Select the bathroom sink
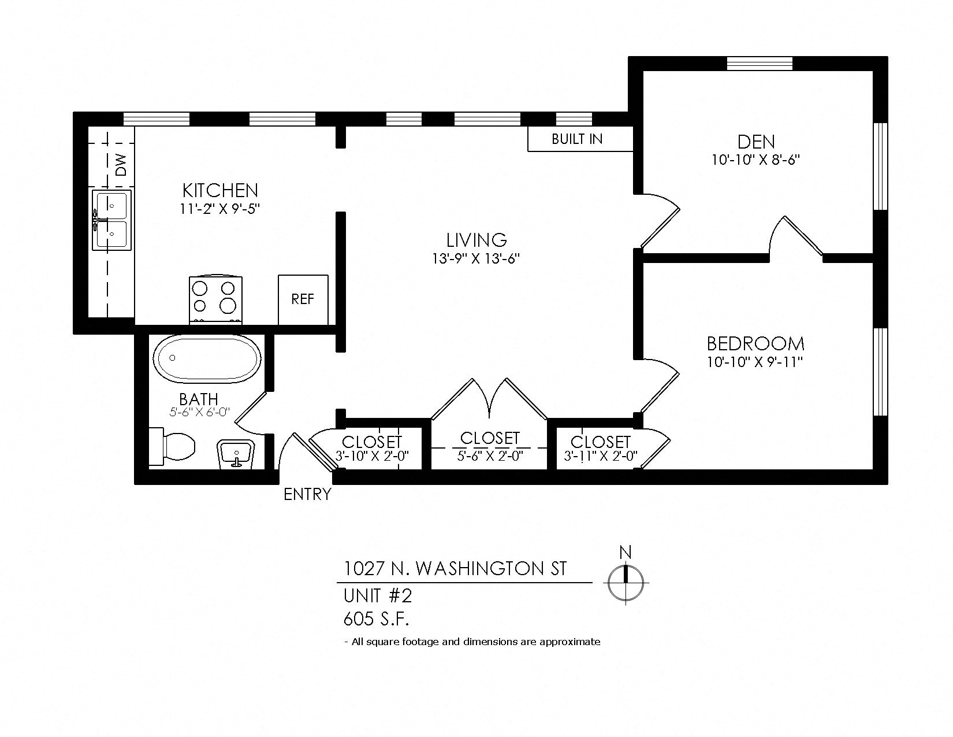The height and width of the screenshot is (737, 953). [235, 452]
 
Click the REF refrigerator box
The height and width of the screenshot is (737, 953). [303, 299]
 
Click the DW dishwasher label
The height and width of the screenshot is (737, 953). [121, 165]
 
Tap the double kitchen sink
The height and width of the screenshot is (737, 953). [112, 220]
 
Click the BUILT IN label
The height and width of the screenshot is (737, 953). [577, 139]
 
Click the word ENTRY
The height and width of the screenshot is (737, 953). [308, 494]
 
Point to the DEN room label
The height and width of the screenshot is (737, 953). [756, 142]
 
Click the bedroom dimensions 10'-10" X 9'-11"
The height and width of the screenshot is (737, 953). [755, 362]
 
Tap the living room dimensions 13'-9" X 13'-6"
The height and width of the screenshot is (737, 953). [477, 258]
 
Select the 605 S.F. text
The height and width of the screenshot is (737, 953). [376, 620]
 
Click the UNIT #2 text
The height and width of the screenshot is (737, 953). [378, 595]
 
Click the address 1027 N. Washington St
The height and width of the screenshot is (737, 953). [455, 569]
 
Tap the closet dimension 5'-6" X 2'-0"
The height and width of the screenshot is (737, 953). [490, 455]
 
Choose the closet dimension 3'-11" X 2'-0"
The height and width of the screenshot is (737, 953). [600, 455]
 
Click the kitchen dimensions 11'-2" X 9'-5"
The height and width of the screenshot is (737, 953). [220, 209]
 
